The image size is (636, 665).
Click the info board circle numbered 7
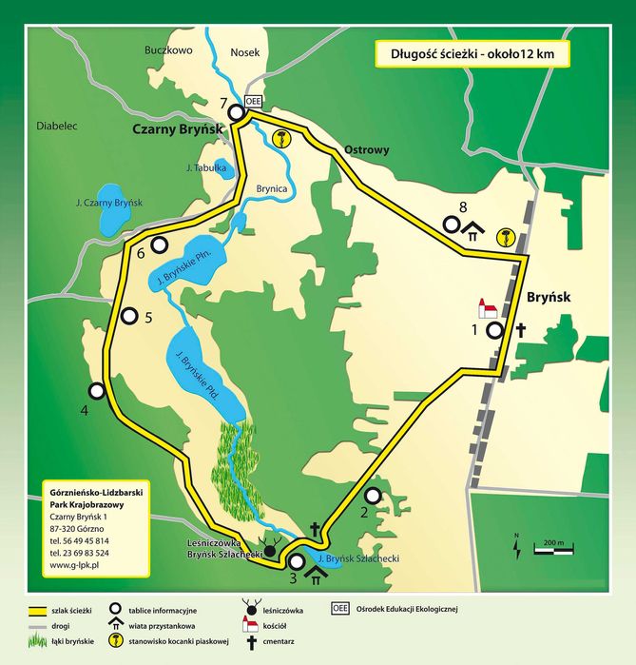point(235,112)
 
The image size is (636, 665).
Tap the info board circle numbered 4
point(96,390)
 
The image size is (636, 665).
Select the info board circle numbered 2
point(373,495)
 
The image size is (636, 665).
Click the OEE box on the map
point(253,100)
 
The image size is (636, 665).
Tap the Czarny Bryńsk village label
point(177,130)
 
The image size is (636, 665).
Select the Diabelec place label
point(56,125)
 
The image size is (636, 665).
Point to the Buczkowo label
point(169,50)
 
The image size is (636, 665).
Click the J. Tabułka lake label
point(206,168)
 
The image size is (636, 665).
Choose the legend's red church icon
point(252,626)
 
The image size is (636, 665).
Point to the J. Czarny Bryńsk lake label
point(108,204)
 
